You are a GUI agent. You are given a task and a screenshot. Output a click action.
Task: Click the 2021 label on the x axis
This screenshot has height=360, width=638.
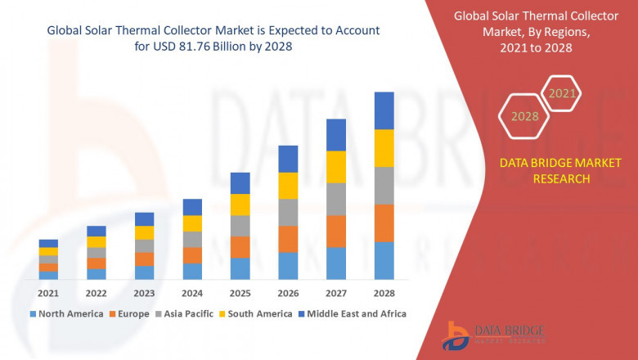(x=47, y=293)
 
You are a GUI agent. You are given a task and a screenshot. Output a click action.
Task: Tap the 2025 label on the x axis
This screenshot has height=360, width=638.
(x=240, y=293)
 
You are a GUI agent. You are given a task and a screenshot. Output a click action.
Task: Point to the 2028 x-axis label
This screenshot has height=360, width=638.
(x=384, y=293)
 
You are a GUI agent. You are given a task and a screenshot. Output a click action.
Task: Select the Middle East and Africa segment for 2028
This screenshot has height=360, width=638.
(x=384, y=110)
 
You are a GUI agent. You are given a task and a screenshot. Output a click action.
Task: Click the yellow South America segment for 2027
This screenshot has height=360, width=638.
(x=336, y=167)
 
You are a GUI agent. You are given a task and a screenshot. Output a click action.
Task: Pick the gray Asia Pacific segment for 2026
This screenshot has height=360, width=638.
(x=288, y=212)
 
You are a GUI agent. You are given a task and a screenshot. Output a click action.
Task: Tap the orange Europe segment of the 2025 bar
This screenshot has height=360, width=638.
(x=240, y=247)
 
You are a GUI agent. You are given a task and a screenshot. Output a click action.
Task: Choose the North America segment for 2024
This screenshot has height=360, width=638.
(x=192, y=271)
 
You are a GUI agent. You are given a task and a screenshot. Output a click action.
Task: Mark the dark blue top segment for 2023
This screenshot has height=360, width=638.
(x=144, y=218)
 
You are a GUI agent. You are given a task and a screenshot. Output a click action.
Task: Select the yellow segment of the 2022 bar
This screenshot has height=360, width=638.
(x=97, y=241)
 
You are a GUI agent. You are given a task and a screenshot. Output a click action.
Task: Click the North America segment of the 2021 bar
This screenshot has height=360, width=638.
(x=48, y=275)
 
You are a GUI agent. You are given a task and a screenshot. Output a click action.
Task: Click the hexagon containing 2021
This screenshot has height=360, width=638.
(x=562, y=94)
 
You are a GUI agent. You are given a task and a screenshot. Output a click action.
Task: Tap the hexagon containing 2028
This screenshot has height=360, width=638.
(x=524, y=116)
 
